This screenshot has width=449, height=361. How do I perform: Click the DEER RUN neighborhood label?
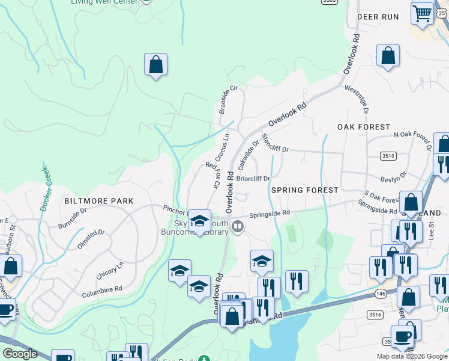[378, 17]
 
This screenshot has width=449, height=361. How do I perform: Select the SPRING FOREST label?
[305, 190]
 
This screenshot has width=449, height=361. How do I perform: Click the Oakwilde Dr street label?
[248, 153]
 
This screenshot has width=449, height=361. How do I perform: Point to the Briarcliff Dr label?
[253, 179]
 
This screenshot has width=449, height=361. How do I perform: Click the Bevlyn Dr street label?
[393, 176]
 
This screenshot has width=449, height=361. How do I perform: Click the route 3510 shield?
[388, 156]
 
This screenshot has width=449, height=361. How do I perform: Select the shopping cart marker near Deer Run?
[423, 12]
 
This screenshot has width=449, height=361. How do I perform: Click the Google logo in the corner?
[20, 354]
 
